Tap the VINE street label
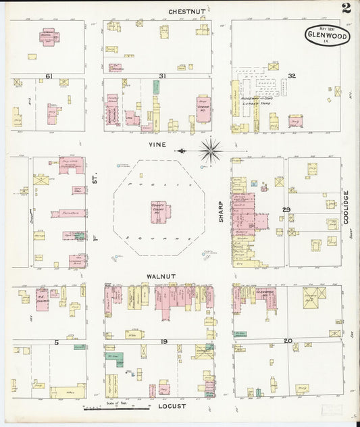click(157, 144)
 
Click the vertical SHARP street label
click(220, 210)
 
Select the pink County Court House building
click(160, 212)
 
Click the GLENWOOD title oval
click(328, 36)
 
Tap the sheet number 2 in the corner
click(346, 8)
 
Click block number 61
click(49, 76)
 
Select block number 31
click(162, 76)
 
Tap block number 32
click(292, 76)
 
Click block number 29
click(286, 211)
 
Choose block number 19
click(163, 342)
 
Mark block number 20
click(288, 341)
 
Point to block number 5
click(57, 342)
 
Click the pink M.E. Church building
click(42, 299)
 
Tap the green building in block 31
click(156, 87)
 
